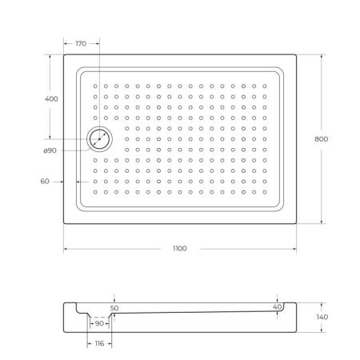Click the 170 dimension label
(80, 44)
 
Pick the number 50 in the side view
(114, 307)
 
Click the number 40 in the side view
(278, 306)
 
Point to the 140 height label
(322, 317)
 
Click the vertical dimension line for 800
(322, 96)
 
